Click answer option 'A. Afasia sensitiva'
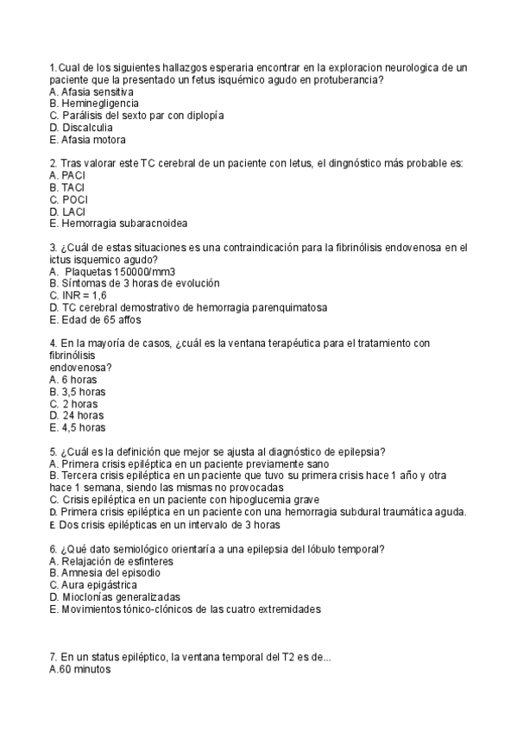coord(91,91)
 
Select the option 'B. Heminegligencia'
coord(94,103)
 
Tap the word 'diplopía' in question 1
coord(205,115)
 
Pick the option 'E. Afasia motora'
coord(88,139)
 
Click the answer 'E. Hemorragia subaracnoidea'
coord(118,223)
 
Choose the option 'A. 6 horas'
coord(73,379)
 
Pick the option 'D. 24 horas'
coord(77,415)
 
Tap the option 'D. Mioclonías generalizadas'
coord(115,596)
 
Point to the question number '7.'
coord(54,657)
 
